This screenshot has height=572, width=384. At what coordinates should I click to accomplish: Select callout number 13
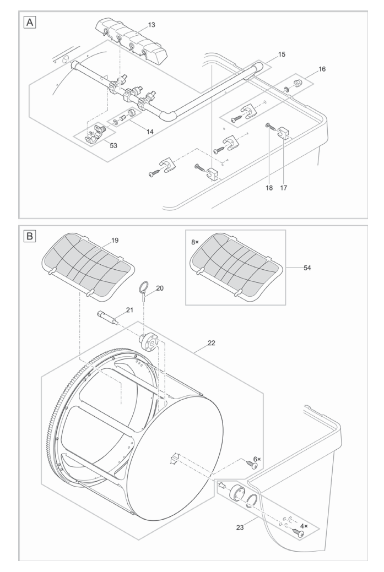(x=152, y=25)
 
